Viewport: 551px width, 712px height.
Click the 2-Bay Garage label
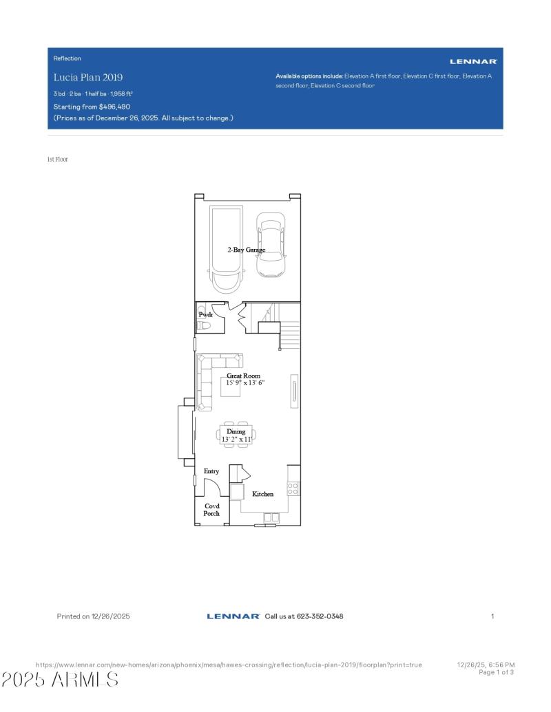click(x=247, y=250)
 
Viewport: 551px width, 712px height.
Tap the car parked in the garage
click(x=271, y=245)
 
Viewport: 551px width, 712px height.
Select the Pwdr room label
click(x=206, y=314)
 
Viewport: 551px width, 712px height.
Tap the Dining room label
click(x=236, y=431)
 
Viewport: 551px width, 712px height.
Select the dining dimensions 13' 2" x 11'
click(x=236, y=438)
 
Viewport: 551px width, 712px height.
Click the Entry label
click(x=211, y=471)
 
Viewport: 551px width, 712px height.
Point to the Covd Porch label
click(x=211, y=510)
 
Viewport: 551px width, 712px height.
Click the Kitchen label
click(x=262, y=494)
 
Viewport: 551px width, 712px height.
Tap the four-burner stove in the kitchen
click(x=293, y=488)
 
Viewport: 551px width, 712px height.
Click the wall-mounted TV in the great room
click(x=294, y=389)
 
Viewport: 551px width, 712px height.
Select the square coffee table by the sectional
click(x=230, y=387)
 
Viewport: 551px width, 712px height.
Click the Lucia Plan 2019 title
click(x=88, y=77)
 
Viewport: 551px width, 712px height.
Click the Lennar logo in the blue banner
click(x=473, y=62)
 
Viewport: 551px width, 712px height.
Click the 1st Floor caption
click(x=58, y=160)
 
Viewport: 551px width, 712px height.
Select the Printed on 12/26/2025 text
click(x=93, y=616)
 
